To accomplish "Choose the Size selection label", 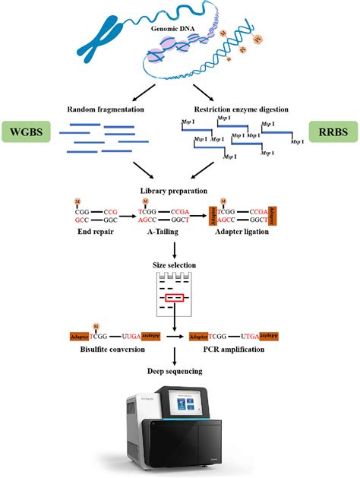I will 175,265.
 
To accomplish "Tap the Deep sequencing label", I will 175,371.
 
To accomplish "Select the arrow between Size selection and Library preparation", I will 175,248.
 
